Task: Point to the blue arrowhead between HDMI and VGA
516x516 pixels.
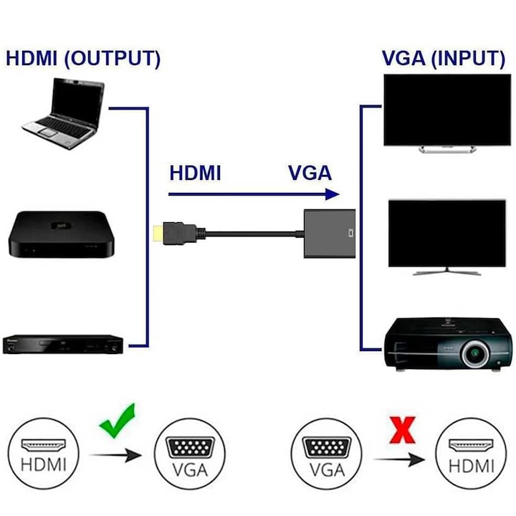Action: click(330, 193)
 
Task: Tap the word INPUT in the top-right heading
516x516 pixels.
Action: click(469, 59)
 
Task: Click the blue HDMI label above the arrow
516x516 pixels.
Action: click(195, 173)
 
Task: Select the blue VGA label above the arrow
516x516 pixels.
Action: click(310, 173)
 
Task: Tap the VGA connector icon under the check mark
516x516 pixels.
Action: click(189, 449)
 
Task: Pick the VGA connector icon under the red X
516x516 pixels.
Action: click(326, 449)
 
